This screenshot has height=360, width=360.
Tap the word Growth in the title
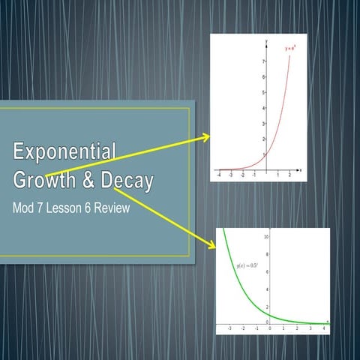point(46,180)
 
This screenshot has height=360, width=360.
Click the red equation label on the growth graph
point(290,49)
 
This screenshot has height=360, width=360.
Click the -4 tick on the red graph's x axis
point(217,173)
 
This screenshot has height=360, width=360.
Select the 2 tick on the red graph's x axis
point(289,173)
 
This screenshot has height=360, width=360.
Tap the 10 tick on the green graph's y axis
point(265,236)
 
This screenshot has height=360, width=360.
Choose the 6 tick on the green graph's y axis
point(265,271)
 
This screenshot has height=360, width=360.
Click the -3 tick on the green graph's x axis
point(229,328)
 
